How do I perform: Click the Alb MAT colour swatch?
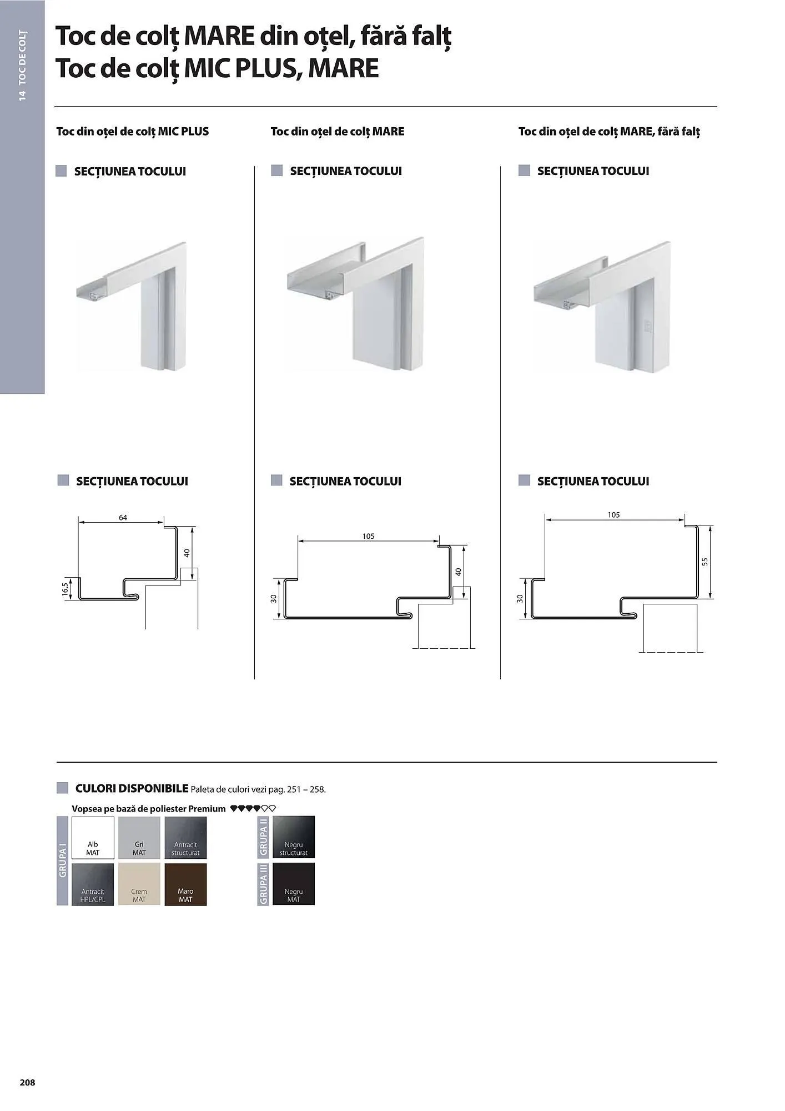coord(93,837)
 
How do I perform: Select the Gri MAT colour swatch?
coord(139,837)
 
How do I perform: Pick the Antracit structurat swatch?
coord(185,837)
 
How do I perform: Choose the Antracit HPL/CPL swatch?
coord(93,884)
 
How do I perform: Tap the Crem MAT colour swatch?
coord(139,884)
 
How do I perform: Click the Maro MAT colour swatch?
coord(185,884)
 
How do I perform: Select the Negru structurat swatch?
coord(294,837)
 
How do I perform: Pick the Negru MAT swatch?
coord(294,884)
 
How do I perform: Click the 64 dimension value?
coord(123,518)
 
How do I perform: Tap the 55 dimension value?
coord(705,562)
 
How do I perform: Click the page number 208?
coord(27,1082)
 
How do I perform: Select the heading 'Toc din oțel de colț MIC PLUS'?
coord(133,132)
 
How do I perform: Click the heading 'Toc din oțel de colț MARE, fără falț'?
coord(609,132)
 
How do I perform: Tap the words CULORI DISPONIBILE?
coord(132,788)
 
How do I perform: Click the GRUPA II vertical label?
coord(263,837)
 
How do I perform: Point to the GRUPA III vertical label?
coord(263,884)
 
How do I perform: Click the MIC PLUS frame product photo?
coord(132,306)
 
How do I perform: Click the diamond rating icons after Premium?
coord(253,809)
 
